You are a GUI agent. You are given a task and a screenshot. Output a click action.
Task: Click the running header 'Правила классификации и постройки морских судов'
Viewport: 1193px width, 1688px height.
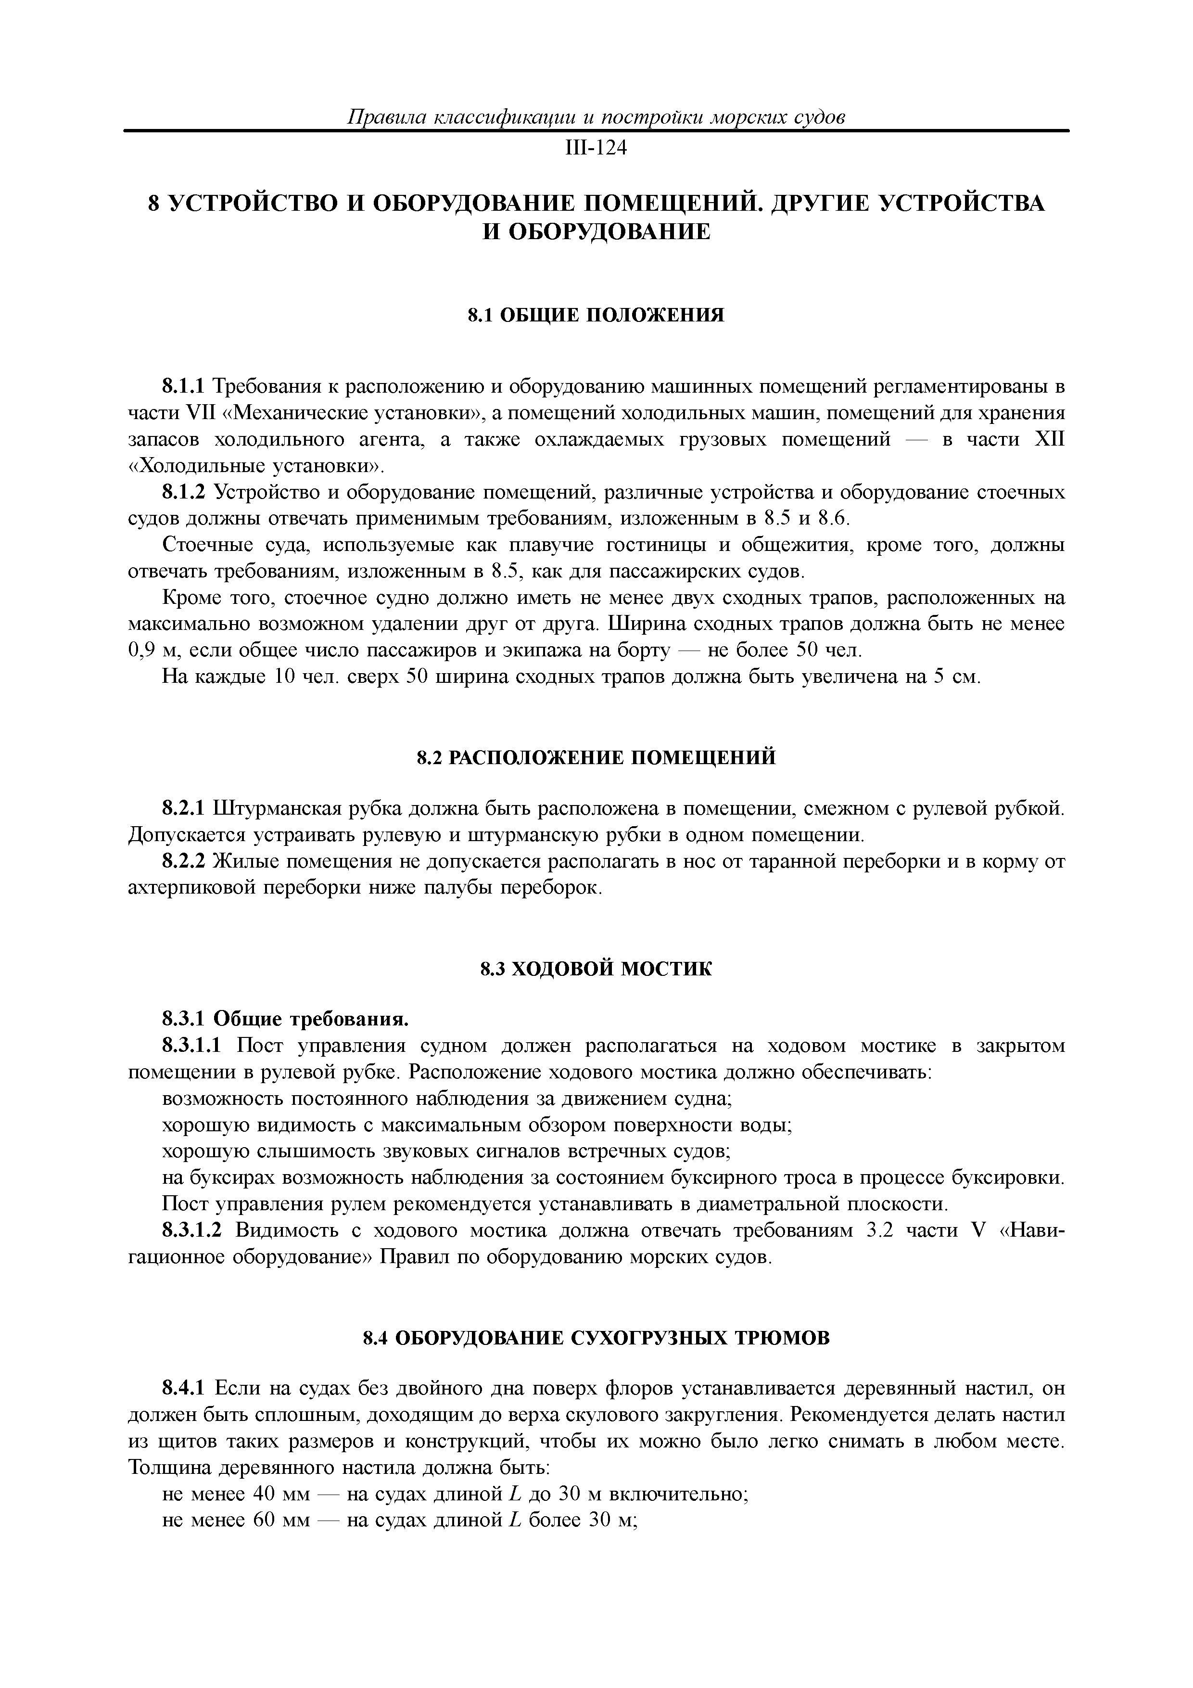coord(596,117)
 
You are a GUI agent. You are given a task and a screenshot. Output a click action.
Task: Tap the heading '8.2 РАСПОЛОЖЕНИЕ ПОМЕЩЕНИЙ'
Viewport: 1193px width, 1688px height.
coord(596,758)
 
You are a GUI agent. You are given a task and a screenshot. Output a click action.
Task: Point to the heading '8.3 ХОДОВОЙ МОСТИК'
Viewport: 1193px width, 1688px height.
coord(596,970)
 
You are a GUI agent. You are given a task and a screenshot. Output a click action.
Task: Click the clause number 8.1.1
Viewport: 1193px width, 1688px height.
coord(185,386)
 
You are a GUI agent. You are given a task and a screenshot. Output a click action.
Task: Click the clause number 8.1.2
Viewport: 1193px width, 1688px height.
coord(185,492)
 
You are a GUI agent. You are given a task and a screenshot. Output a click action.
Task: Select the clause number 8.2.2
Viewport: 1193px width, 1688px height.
coord(185,862)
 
